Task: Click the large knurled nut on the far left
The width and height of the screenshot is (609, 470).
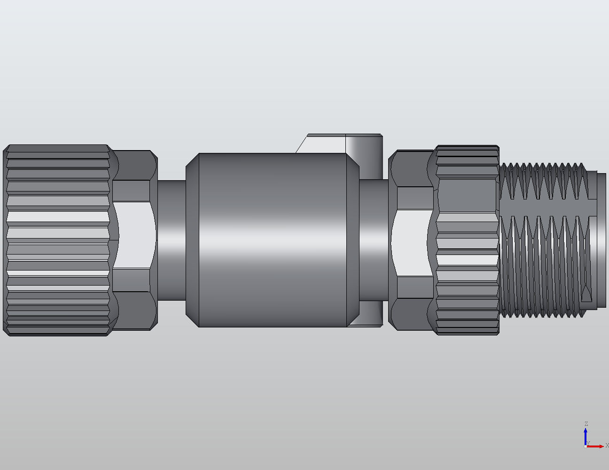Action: [56, 240]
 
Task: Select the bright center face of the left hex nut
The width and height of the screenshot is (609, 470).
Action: [134, 235]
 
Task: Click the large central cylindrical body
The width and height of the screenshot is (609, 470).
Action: [273, 240]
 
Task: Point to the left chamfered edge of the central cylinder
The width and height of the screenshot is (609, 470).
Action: [193, 240]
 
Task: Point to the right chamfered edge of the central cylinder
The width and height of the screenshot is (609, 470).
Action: [353, 240]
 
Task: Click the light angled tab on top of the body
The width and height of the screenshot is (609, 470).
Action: [324, 143]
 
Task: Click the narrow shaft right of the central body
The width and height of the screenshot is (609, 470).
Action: [374, 240]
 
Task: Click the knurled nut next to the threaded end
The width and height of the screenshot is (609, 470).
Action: [468, 240]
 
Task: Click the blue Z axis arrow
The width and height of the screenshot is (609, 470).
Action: [586, 435]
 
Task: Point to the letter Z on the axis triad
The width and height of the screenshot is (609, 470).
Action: [586, 424]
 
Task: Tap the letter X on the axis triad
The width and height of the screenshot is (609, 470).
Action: [607, 446]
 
